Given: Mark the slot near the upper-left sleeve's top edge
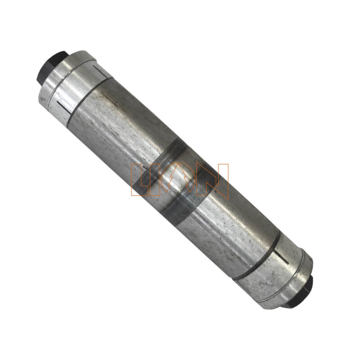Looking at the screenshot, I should pos(96,71).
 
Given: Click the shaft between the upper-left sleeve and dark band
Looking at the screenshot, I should pos(121,130).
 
